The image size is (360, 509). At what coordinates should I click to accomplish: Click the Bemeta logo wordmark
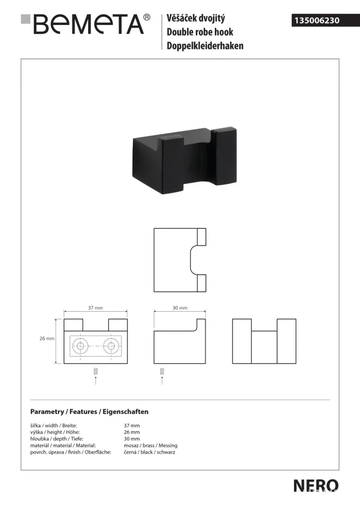89,24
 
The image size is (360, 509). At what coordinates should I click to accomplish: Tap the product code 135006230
317,20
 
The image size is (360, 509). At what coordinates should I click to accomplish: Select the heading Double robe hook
200,32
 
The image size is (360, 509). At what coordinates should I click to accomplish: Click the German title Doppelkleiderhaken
205,46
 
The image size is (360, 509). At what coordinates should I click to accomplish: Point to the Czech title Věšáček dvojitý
196,18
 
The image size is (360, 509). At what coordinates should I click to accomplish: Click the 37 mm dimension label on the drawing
96,308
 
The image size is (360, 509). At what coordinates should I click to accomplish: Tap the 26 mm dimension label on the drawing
47,338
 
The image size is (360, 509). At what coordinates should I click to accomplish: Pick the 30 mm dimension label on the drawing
180,308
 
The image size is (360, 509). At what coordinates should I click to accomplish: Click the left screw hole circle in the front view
80,346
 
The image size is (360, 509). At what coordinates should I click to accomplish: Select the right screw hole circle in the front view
111,346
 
